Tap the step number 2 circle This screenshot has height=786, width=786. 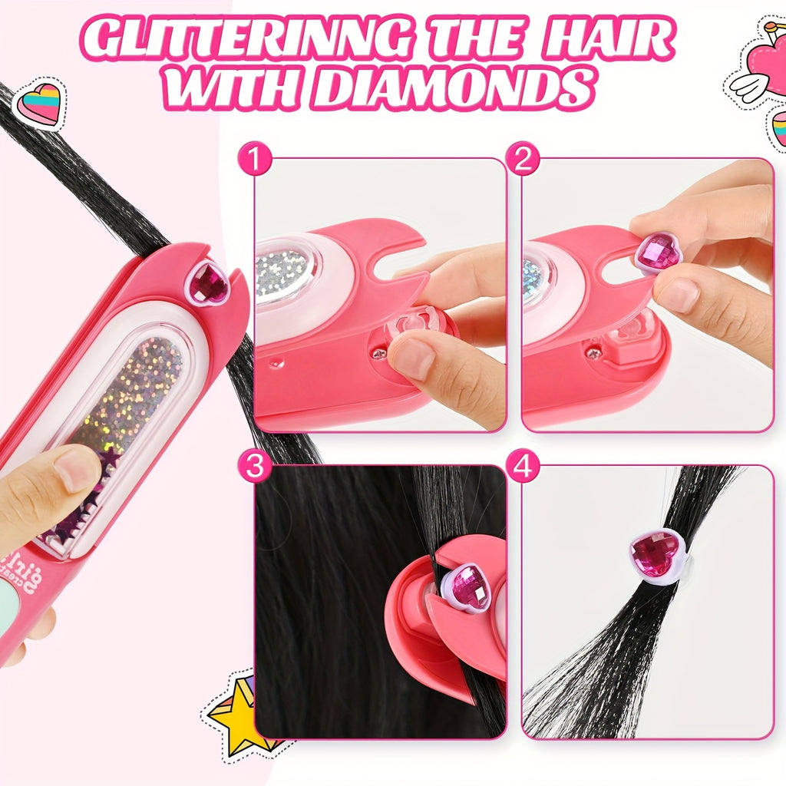pos(523,160)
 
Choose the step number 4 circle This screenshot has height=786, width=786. pos(523,467)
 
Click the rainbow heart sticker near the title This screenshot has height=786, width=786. pos(40,104)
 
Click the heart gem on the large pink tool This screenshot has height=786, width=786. pos(208,283)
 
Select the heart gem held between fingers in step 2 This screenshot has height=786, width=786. pos(658,253)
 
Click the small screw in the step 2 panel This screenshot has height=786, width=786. pos(593,352)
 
